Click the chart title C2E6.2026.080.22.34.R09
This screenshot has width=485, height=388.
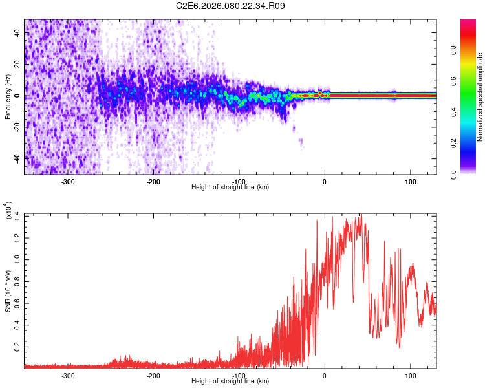coord(231,6)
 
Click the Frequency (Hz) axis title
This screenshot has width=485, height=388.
coord(8,97)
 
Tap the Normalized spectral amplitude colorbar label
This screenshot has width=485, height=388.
coord(480,97)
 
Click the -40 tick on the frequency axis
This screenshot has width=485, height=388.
coord(17,158)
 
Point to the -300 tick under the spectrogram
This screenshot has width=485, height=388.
coord(68,182)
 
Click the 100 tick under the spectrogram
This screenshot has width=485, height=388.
coord(410,182)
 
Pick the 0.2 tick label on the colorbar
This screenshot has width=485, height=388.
coord(455,144)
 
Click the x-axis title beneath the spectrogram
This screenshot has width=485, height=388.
coord(231,188)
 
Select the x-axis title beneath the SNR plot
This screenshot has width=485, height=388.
coord(231,382)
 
